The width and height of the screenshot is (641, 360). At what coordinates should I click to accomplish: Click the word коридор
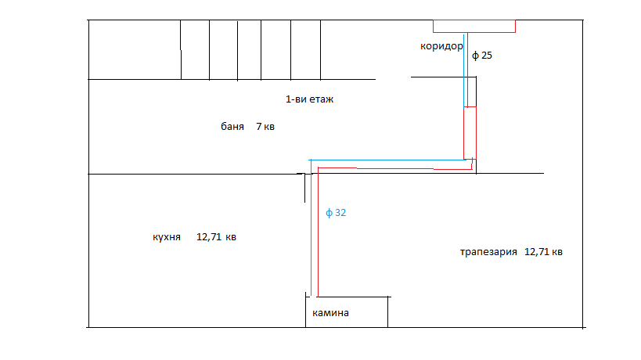442,46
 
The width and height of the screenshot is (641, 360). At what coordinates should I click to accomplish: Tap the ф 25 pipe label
482,56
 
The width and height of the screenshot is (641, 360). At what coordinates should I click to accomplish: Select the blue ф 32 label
336,212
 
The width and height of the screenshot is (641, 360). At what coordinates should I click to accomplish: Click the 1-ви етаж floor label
310,100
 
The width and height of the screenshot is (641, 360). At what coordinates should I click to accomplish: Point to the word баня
232,126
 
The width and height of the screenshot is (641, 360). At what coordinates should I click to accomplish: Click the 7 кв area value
265,126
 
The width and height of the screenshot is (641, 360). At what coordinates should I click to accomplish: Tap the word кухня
167,237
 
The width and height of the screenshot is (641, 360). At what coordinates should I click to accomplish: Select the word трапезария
489,252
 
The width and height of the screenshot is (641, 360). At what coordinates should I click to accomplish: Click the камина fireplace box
347,312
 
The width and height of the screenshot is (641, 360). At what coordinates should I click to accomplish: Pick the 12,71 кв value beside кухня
217,237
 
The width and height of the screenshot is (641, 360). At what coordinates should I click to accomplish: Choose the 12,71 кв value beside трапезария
543,252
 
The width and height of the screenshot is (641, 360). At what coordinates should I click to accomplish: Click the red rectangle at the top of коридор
474,26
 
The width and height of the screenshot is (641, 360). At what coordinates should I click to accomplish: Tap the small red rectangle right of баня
470,131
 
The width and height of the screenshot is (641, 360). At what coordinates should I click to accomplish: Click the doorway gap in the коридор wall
393,78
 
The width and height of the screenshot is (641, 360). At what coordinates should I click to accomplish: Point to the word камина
330,313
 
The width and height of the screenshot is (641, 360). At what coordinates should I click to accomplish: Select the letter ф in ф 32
329,212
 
